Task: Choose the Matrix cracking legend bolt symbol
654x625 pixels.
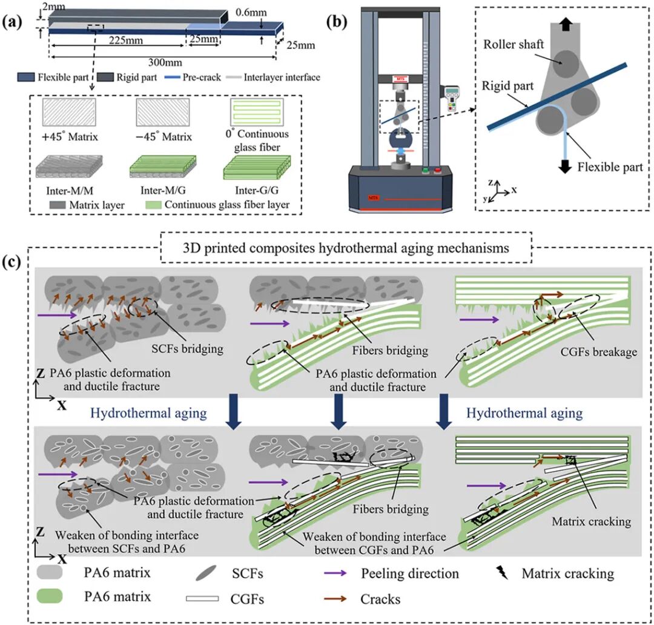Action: tap(501, 572)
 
